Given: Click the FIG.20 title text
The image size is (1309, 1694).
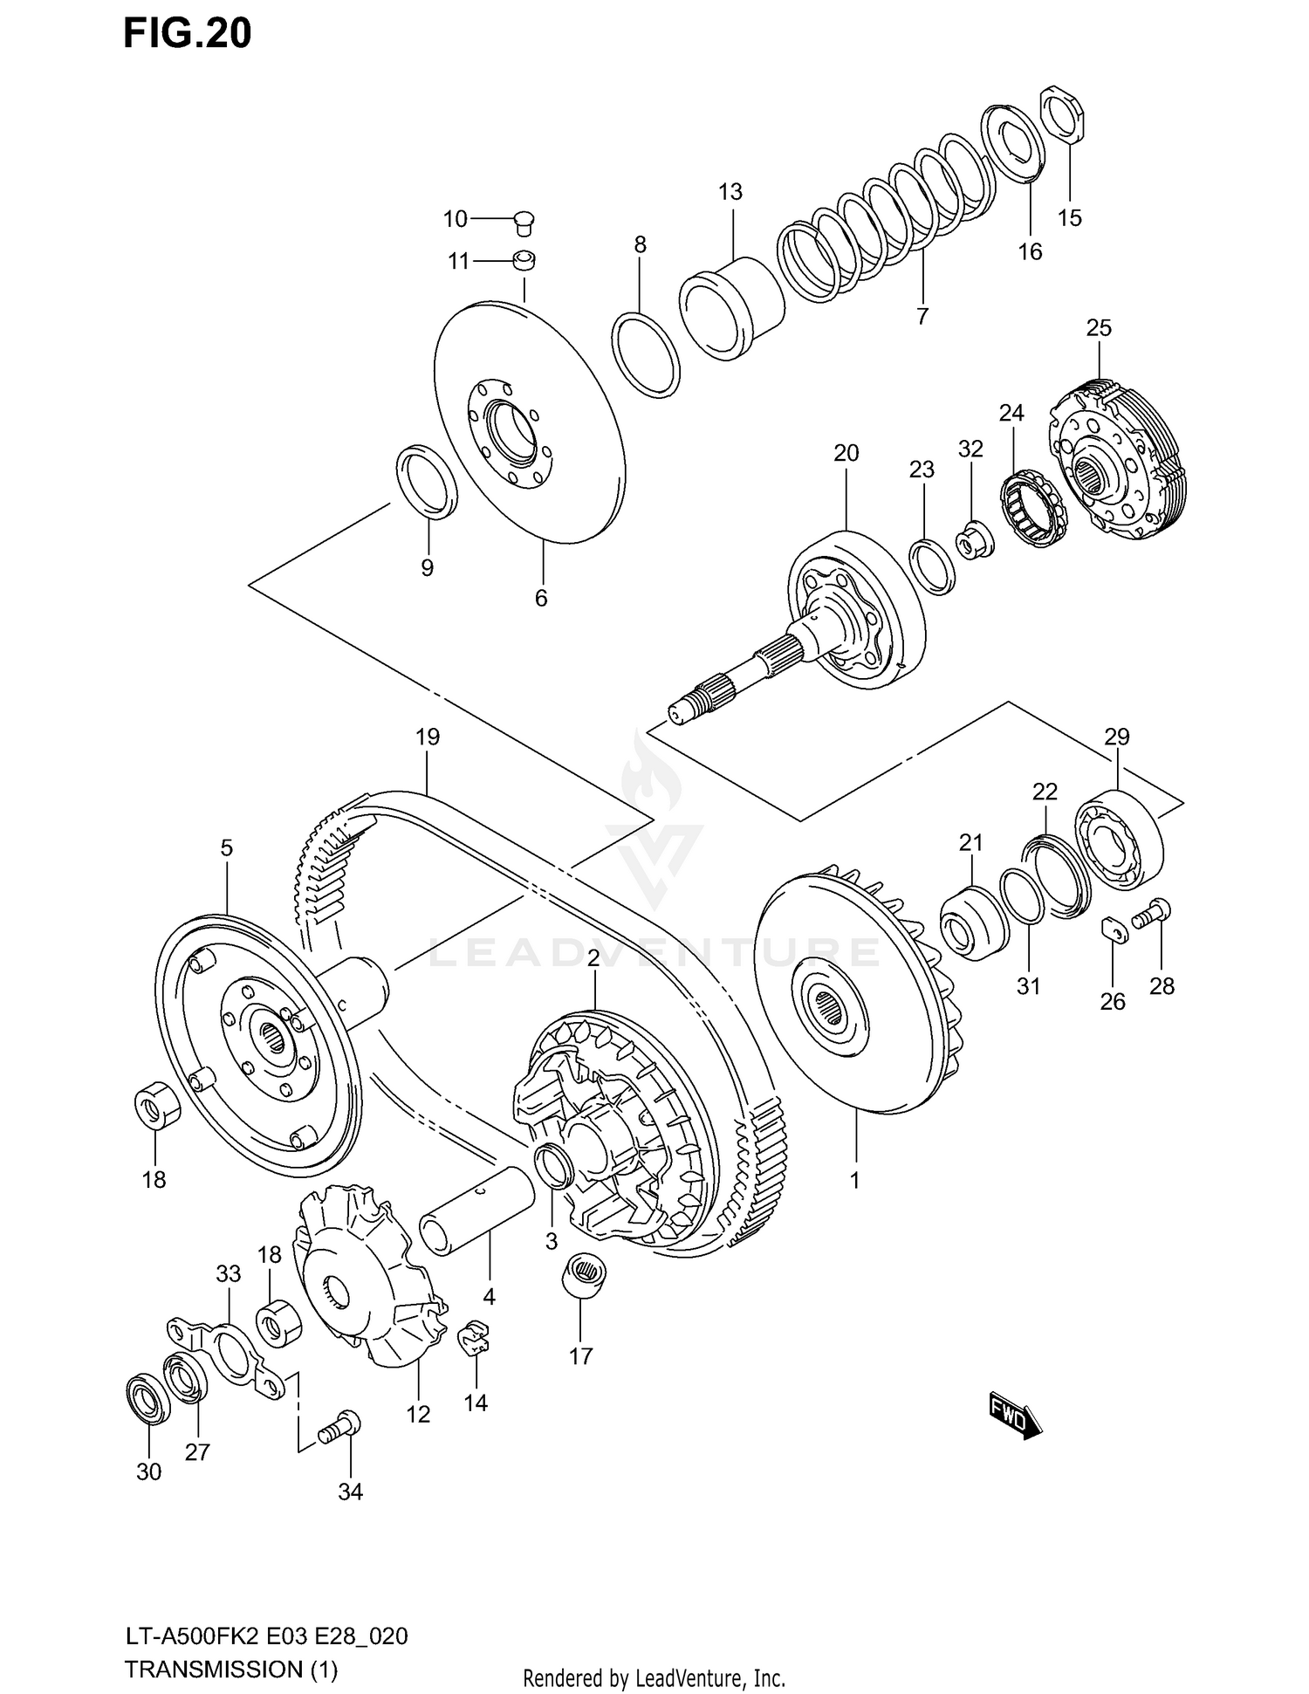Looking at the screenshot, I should [187, 33].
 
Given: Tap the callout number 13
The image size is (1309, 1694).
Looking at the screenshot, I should [730, 191].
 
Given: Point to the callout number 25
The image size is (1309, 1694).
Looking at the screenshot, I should [1099, 327].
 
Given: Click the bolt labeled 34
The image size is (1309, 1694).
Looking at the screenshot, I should [339, 1428].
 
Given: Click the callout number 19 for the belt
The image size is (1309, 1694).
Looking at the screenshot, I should [427, 737].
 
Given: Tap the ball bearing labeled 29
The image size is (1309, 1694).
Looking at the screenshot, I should [1119, 839].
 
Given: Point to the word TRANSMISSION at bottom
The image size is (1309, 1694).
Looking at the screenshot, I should [212, 1669].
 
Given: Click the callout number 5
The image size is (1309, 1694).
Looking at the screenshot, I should [226, 847].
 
